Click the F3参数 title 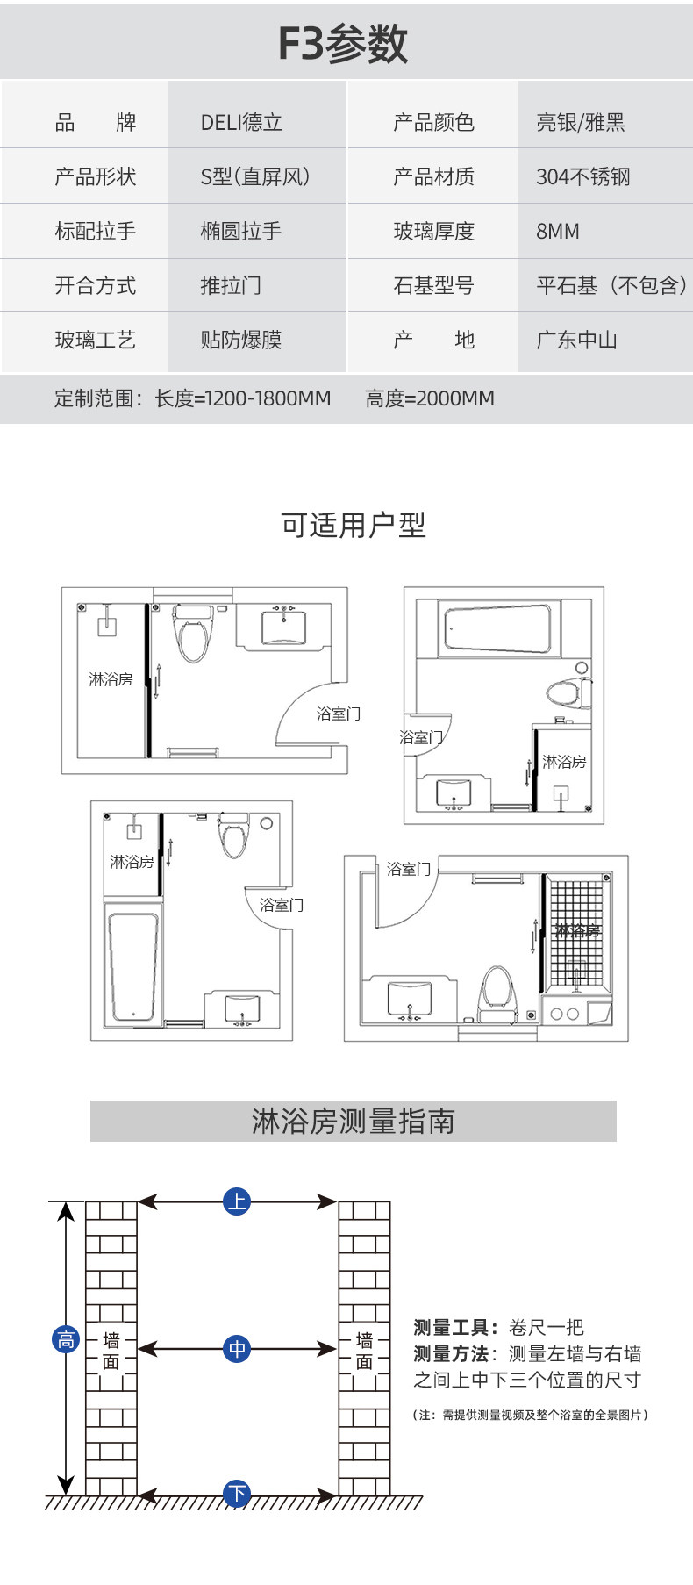343,43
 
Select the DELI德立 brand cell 241,123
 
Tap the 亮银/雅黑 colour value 581,123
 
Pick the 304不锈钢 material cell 583,177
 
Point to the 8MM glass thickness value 558,232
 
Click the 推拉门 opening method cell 231,285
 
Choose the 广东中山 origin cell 577,340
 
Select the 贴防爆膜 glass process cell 241,340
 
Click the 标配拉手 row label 96,232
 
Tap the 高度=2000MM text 430,398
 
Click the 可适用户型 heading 354,526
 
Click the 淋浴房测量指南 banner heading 354,1121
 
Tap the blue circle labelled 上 237,1201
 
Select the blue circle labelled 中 237,1348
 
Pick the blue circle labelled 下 237,1493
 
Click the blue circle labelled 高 66,1339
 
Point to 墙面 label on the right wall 364,1351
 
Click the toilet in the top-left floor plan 193,632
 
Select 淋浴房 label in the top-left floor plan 111,679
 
